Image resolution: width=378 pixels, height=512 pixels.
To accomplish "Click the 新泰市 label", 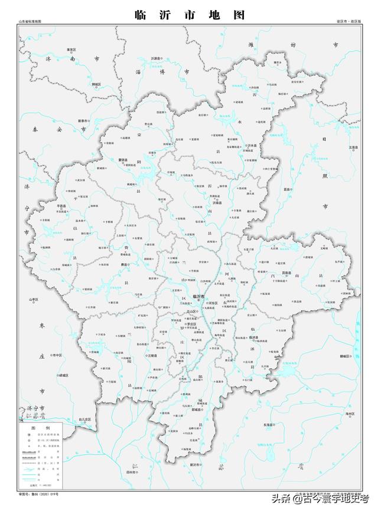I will click(83, 121).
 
